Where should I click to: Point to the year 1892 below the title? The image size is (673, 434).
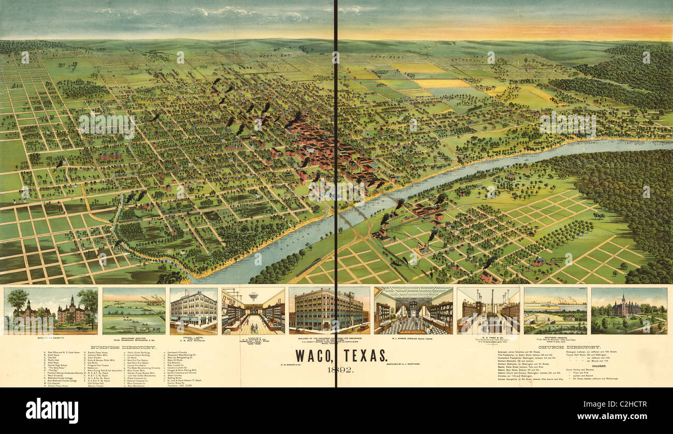340,369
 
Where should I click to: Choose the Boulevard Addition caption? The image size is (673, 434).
134,338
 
